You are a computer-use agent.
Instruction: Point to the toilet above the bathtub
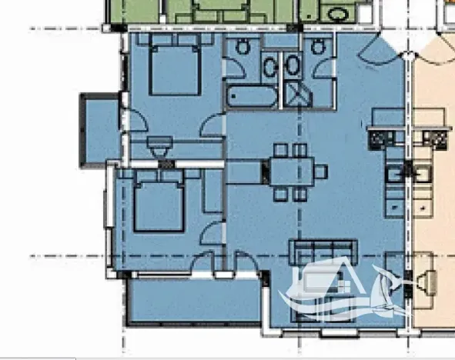pyautogui.click(x=243, y=47)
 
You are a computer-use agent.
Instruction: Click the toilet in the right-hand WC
pyautogui.click(x=318, y=47)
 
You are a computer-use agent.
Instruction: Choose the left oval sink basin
pyautogui.click(x=270, y=68)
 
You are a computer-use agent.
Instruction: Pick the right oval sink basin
pyautogui.click(x=293, y=68)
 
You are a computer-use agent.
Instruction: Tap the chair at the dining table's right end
pyautogui.click(x=320, y=171)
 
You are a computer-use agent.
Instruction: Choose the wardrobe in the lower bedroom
pyautogui.click(x=212, y=192)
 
